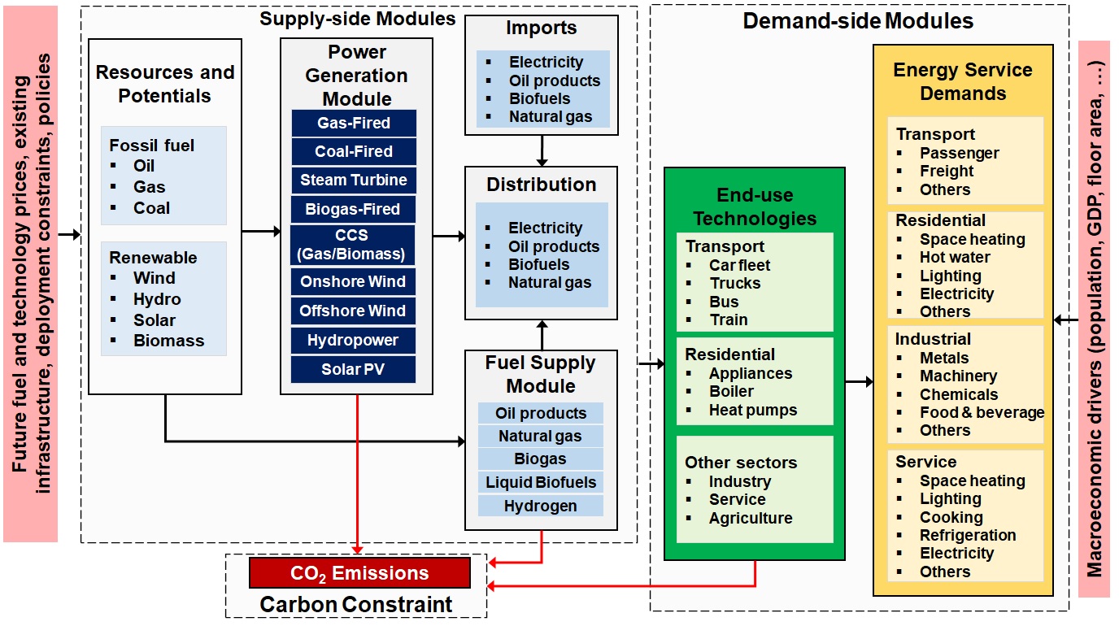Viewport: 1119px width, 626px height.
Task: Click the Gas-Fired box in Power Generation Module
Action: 353,124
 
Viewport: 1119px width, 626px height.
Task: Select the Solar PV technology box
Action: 353,369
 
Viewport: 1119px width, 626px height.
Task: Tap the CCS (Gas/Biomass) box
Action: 353,245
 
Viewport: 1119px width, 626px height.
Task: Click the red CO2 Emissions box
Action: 359,573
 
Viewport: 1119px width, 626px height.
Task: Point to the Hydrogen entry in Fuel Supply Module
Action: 540,506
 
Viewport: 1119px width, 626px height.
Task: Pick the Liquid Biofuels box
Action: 540,482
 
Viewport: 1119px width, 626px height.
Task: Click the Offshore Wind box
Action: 353,311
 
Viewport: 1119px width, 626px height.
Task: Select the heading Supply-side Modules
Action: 358,18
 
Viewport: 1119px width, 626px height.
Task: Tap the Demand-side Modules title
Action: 858,21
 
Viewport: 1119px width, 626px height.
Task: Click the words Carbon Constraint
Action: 355,605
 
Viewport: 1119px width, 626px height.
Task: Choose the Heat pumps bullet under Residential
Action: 753,410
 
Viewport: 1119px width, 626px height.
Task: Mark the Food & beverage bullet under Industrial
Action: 982,412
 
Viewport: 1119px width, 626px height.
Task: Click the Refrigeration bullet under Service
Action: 968,535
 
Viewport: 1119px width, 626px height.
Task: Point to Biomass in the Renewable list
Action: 168,341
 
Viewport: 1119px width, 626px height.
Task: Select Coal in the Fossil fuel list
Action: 151,208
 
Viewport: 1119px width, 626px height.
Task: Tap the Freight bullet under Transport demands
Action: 947,172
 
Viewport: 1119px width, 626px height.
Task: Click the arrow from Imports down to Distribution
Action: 542,151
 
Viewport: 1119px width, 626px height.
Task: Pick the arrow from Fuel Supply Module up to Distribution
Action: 542,335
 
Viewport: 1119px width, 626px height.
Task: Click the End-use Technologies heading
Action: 755,206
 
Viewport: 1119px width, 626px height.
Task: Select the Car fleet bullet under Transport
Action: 739,265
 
